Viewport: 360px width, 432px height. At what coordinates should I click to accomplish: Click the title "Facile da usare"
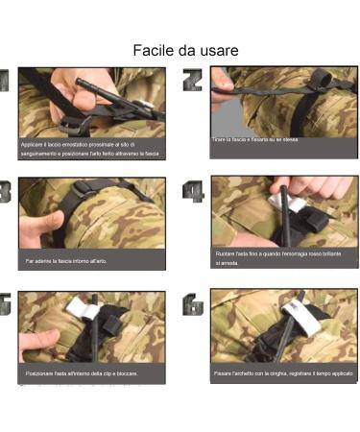[x=185, y=49]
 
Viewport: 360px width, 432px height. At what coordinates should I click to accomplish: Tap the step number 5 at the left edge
[x=5, y=304]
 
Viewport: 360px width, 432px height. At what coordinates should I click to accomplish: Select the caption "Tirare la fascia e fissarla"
[x=255, y=139]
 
